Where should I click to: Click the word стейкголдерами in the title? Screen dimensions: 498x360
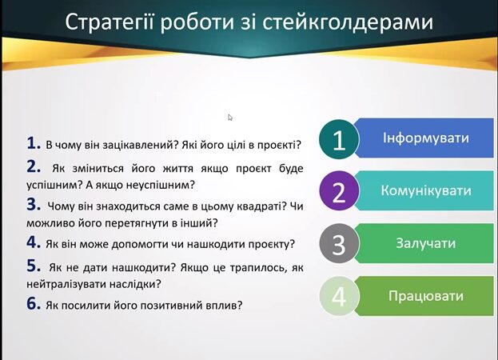(348, 22)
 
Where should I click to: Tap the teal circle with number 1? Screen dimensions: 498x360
(339, 139)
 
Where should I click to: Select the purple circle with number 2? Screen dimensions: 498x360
(339, 191)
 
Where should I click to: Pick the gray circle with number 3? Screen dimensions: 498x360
(339, 244)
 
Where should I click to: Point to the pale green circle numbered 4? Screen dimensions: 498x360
(339, 296)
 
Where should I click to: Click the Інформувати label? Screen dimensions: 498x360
(425, 138)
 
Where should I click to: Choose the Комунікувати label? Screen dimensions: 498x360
(425, 190)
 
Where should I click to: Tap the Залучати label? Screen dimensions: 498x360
(425, 243)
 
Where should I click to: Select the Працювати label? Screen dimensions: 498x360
(425, 296)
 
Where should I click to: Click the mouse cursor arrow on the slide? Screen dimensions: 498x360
(230, 118)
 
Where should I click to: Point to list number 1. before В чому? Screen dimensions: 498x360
(34, 143)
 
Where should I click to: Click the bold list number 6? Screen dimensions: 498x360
(34, 303)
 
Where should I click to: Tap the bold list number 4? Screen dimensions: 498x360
(34, 242)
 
